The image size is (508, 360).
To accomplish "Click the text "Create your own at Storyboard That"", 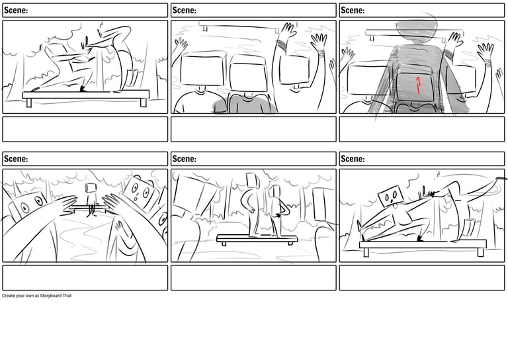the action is (x=36, y=296).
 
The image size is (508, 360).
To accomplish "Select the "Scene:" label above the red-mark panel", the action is (x=353, y=11).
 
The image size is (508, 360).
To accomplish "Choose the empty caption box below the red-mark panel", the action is (x=422, y=129).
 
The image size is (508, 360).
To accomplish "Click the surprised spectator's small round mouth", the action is (x=136, y=197).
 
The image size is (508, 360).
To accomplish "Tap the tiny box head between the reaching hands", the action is (x=91, y=188).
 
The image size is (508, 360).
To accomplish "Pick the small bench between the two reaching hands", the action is (x=89, y=209).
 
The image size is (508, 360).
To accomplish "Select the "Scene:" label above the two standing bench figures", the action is (x=185, y=159).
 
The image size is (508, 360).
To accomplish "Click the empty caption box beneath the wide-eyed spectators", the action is (x=85, y=278).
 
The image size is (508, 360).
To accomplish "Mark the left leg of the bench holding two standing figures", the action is (x=224, y=244).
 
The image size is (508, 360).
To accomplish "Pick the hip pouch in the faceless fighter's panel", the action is (x=132, y=77).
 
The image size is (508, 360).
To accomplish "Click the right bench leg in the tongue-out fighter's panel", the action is (x=480, y=252).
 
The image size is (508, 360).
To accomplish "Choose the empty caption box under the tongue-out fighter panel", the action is (x=422, y=278).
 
